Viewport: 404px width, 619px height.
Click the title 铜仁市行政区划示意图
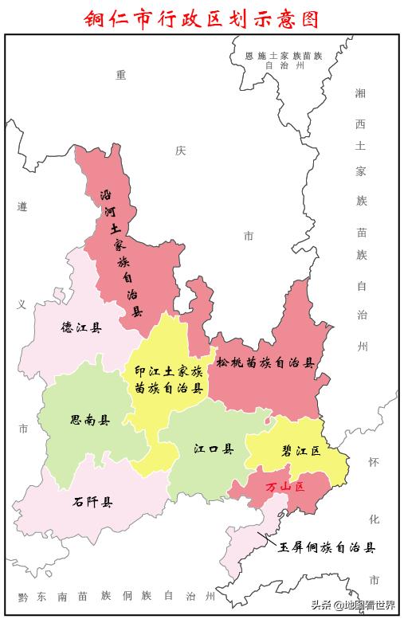(x=202, y=18)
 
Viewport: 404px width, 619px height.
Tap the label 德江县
(x=81, y=327)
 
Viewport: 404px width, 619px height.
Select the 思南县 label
(x=89, y=420)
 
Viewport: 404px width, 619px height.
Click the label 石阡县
(x=92, y=502)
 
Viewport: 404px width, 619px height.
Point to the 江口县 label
(x=214, y=449)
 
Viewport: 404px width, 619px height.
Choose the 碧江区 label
(x=300, y=451)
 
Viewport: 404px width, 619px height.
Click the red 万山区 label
(x=285, y=486)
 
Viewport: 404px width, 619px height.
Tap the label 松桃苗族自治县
(x=265, y=362)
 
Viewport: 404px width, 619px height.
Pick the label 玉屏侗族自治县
(x=326, y=548)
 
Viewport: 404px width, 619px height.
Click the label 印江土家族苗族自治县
(x=168, y=380)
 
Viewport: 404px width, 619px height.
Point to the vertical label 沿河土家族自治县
(x=120, y=253)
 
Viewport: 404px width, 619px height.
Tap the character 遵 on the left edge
(x=22, y=207)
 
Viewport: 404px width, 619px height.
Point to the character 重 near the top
(x=121, y=75)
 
